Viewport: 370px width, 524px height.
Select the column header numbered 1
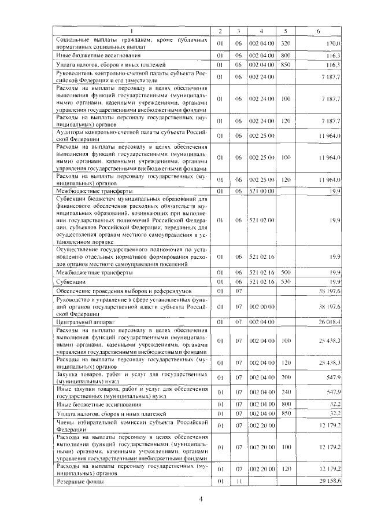tap(132, 30)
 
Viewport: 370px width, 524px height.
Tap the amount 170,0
tap(333, 43)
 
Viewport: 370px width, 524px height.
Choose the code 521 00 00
tap(261, 190)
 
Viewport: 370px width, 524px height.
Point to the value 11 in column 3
tap(238, 482)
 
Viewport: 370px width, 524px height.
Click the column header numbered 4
tap(261, 30)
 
